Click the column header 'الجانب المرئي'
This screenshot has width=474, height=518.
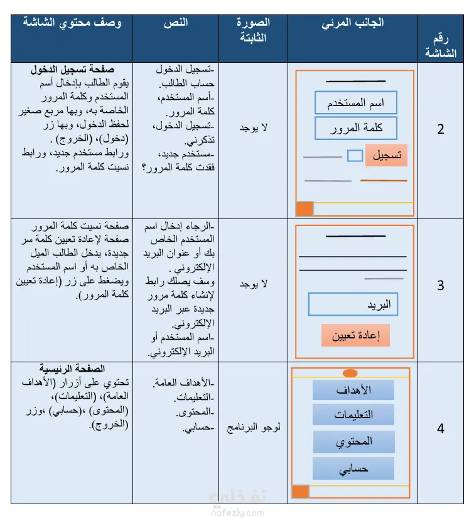click(353, 24)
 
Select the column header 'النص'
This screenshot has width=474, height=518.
click(175, 23)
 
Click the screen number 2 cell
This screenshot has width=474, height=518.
click(441, 129)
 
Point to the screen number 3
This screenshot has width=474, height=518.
click(441, 286)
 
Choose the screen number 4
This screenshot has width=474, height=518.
click(441, 429)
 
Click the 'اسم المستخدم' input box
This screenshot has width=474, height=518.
click(356, 103)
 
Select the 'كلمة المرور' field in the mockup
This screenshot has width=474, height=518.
click(356, 127)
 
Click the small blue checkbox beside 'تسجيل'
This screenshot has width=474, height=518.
click(355, 155)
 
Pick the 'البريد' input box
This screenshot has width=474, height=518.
click(353, 305)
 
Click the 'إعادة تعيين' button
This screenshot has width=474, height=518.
click(355, 335)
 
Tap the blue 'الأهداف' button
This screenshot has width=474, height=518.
click(353, 390)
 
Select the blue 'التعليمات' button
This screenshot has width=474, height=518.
click(353, 414)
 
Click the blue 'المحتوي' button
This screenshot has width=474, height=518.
click(353, 441)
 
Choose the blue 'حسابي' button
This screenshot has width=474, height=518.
click(353, 468)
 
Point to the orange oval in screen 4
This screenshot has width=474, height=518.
click(350, 373)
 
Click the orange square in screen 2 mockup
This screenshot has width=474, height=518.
click(304, 209)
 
